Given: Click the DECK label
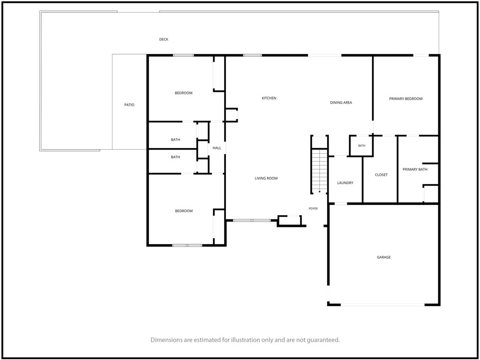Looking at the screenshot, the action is (x=164, y=39).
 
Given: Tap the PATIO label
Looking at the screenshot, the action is (x=129, y=105).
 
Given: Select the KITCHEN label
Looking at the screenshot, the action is (x=269, y=98).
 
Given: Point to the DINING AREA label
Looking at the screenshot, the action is (x=341, y=103).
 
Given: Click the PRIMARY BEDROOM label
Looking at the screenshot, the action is (x=405, y=99).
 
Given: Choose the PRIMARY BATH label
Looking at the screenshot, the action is (x=415, y=170).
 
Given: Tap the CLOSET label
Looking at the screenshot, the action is (x=381, y=175).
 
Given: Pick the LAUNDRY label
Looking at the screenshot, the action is (x=345, y=183).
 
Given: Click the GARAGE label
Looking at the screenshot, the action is (x=383, y=257).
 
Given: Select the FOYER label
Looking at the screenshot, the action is (x=313, y=209).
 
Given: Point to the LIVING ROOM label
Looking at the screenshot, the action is (x=266, y=179).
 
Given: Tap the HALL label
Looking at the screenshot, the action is (x=217, y=148).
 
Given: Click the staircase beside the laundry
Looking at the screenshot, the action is (x=319, y=171).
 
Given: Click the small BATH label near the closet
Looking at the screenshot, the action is (x=362, y=146).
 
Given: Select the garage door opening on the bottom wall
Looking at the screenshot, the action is (x=382, y=305).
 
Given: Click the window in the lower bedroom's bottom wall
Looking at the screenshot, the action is (x=187, y=245).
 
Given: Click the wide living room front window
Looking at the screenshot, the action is (x=252, y=220).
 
